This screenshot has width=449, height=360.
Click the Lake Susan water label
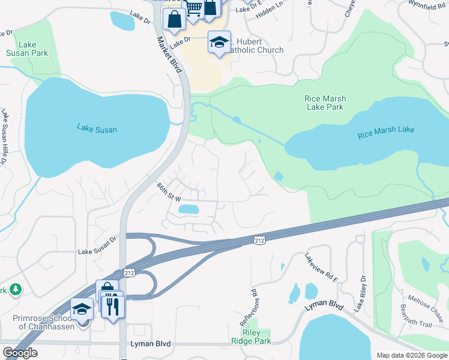pos(97,128)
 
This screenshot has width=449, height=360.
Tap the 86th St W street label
pos(169,192)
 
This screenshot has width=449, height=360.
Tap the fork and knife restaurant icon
pos(112,306)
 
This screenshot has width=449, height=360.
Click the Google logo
pos(20,353)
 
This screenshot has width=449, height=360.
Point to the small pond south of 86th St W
pos(188,209)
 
